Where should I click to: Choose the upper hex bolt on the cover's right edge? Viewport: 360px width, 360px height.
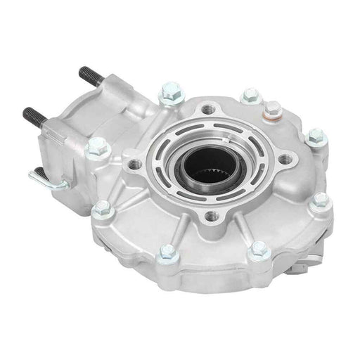pos(316,136)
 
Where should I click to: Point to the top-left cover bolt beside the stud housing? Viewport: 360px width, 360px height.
pos(169,90)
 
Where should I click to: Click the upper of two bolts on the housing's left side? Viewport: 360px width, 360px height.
pos(94,147)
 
